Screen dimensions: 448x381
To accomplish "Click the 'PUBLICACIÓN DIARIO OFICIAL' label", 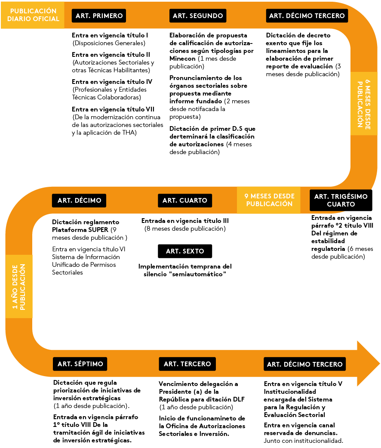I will click(x=33, y=15).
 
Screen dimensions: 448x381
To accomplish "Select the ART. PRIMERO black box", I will click(x=99, y=16).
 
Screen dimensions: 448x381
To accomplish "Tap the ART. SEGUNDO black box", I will click(x=198, y=16).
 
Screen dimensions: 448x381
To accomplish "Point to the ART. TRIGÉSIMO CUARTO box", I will click(x=341, y=200).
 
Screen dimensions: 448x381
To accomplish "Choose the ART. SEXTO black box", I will click(x=185, y=251).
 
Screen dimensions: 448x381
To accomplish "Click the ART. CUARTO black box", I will click(x=185, y=200).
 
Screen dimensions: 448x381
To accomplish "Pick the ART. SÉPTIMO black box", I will click(x=80, y=364).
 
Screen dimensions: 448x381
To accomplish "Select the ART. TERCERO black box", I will click(x=187, y=364).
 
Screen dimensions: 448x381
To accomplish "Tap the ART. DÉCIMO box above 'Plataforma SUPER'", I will click(x=79, y=200).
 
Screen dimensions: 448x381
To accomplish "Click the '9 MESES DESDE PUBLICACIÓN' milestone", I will click(x=269, y=200).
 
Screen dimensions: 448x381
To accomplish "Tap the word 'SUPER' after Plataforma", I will click(x=99, y=229).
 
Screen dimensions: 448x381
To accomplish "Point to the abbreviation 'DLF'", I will click(x=237, y=399).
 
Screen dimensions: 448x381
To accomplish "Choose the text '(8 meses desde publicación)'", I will click(x=185, y=229).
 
